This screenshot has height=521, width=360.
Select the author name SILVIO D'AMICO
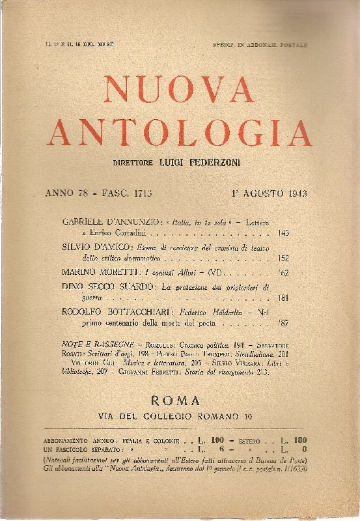87,248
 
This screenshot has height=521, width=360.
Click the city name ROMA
180,401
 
